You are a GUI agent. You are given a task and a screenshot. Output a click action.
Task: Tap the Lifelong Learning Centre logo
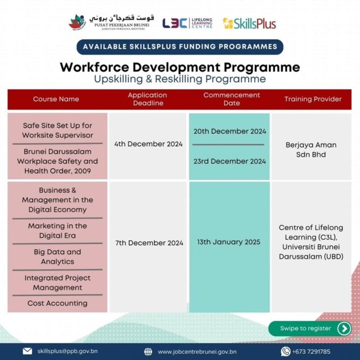[187, 22]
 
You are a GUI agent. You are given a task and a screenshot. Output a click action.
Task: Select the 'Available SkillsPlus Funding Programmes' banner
[180, 47]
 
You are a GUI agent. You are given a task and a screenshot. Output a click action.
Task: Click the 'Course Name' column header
[56, 100]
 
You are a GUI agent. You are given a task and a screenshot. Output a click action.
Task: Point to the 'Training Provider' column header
[313, 100]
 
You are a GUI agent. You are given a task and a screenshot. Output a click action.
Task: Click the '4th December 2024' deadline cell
[148, 144]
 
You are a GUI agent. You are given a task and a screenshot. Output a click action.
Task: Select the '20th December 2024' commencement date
[229, 131]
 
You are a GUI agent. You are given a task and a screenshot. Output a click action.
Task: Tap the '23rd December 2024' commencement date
[229, 161]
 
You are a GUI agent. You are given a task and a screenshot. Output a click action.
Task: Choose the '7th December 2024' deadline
[148, 243]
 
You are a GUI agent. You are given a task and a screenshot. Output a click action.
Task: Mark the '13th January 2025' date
[229, 242]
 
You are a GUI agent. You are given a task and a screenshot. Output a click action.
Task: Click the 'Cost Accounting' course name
[57, 303]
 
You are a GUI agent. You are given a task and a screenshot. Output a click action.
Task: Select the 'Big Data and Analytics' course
[57, 256]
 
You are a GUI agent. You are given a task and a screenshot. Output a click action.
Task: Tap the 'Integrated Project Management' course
[57, 282]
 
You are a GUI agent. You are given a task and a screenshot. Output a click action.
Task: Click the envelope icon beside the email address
[27, 352]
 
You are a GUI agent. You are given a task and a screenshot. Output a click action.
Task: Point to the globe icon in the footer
[148, 352]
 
